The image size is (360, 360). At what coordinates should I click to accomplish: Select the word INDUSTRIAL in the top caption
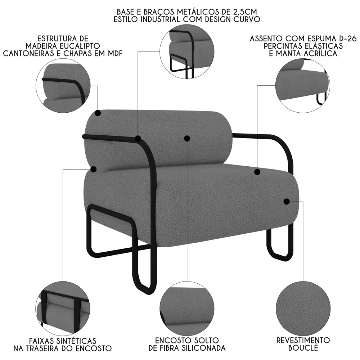163,19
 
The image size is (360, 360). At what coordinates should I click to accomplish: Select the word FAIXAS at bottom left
41,340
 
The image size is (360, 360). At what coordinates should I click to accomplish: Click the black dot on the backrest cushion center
187,138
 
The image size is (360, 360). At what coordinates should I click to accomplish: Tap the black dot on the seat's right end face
287,202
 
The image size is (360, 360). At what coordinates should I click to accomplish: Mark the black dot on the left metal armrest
138,138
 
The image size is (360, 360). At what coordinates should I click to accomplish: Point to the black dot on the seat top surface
257,172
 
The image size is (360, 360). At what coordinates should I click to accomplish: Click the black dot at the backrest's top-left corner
98,113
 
